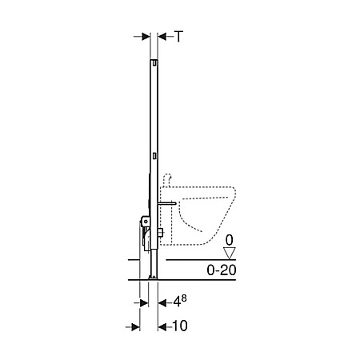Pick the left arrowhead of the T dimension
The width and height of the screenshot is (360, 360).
click(x=144, y=36)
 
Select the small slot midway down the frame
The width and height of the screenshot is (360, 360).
click(x=152, y=152)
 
